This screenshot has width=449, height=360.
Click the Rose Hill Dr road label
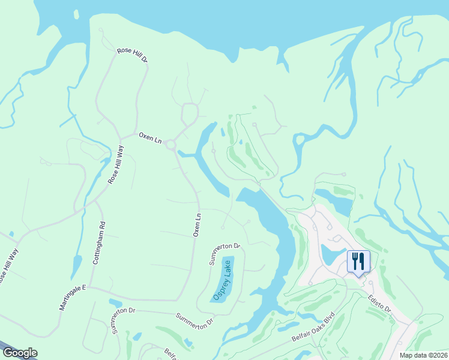(x=132, y=56)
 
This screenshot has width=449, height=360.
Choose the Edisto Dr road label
(x=379, y=302)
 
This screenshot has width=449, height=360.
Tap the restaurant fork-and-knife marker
(x=358, y=262)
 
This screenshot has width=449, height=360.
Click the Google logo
(x=20, y=353)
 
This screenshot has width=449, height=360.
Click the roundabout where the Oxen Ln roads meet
(x=171, y=145)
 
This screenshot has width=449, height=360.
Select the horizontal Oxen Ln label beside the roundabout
(x=150, y=137)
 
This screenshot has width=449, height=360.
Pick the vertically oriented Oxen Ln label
(x=196, y=224)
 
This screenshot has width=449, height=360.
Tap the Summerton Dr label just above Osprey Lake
(x=224, y=254)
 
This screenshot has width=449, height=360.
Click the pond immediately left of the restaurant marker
(x=333, y=254)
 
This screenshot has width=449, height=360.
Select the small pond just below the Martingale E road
(x=115, y=303)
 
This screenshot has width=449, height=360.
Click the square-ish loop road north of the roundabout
(x=190, y=112)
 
